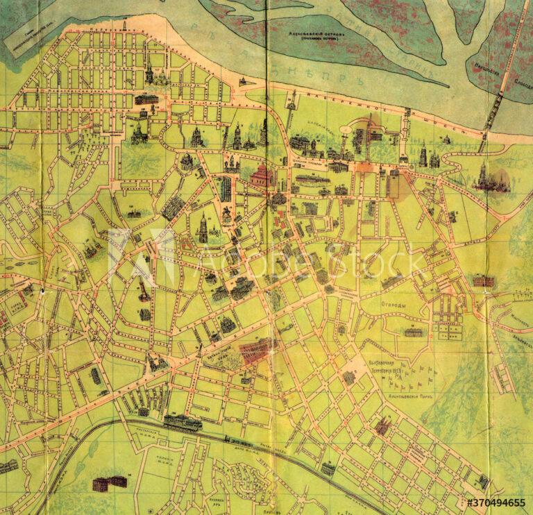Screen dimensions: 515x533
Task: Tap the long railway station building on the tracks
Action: [x=183, y=423]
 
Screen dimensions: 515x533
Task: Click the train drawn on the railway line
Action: [x=239, y=441]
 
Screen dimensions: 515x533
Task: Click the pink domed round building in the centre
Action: [x=262, y=176]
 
